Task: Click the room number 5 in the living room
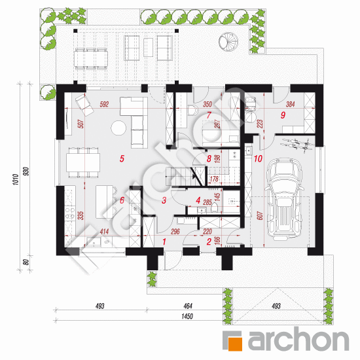121,158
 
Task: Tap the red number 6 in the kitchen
121,200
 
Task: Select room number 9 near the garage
283,115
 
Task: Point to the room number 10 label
258,159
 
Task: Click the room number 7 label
209,116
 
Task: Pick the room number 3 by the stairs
165,200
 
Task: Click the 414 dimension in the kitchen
105,232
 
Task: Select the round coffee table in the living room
118,128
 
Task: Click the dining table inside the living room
84,159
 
